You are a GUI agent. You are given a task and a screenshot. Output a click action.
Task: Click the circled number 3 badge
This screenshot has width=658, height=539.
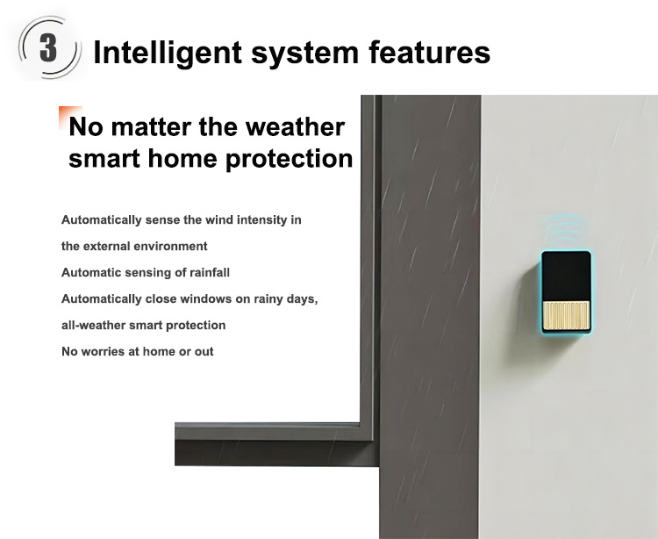click(48, 47)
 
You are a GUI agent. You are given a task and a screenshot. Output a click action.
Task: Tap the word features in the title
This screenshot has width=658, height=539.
click(429, 52)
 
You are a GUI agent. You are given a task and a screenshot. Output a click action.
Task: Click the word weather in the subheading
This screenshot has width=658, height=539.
click(295, 126)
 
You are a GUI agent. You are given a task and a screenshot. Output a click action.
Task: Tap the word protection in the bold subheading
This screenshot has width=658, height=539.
click(290, 160)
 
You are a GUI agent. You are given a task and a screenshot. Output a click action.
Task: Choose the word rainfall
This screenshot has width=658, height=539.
click(210, 272)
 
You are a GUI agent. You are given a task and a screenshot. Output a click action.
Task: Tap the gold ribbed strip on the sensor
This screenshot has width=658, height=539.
click(566, 315)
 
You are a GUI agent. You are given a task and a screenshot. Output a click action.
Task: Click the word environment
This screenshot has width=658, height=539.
click(170, 246)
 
